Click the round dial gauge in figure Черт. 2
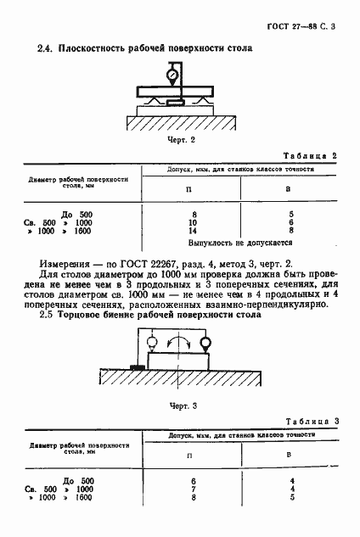[x=172, y=75]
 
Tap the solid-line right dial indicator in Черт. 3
[x=205, y=344]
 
